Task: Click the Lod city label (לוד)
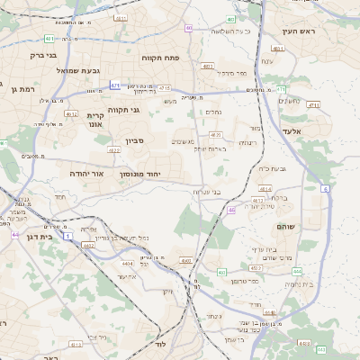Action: (162, 345)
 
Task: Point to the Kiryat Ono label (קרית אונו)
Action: (96, 121)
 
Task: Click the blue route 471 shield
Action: (115, 85)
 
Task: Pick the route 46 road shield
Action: (231, 210)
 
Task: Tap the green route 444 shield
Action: (297, 271)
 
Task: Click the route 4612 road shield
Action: (71, 114)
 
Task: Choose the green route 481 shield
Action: (49, 39)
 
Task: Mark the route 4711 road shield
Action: (281, 90)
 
